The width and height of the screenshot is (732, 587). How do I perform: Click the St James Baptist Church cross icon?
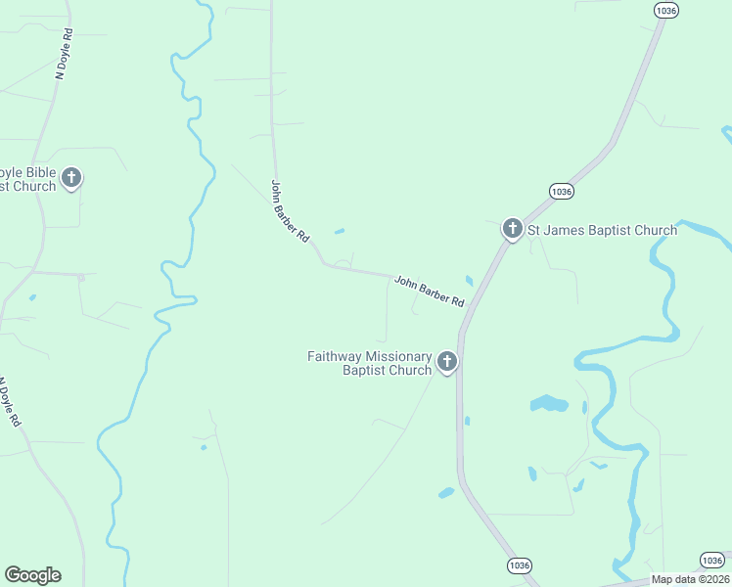pyautogui.click(x=512, y=229)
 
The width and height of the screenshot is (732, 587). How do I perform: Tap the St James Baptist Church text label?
pyautogui.click(x=603, y=231)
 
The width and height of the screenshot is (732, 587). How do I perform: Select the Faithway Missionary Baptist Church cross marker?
pyautogui.click(x=447, y=362)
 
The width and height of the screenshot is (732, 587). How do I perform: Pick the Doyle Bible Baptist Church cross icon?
pyautogui.click(x=70, y=177)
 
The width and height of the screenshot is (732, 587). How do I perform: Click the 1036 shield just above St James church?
pyautogui.click(x=560, y=192)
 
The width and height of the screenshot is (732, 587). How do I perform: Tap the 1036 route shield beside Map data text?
pyautogui.click(x=712, y=560)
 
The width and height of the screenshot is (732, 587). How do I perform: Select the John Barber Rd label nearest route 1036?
pyautogui.click(x=430, y=292)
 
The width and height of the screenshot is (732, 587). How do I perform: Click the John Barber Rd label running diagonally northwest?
pyautogui.click(x=290, y=210)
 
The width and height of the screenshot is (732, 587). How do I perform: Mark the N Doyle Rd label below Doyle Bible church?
pyautogui.click(x=9, y=402)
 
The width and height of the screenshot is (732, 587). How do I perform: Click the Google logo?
pyautogui.click(x=32, y=575)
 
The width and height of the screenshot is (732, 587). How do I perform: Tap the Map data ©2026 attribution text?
pyautogui.click(x=690, y=578)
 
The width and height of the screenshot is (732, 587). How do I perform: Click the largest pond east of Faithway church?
pyautogui.click(x=548, y=403)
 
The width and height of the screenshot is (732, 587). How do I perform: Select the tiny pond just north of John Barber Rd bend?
pyautogui.click(x=339, y=232)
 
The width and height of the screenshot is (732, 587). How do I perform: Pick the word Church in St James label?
pyautogui.click(x=655, y=231)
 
